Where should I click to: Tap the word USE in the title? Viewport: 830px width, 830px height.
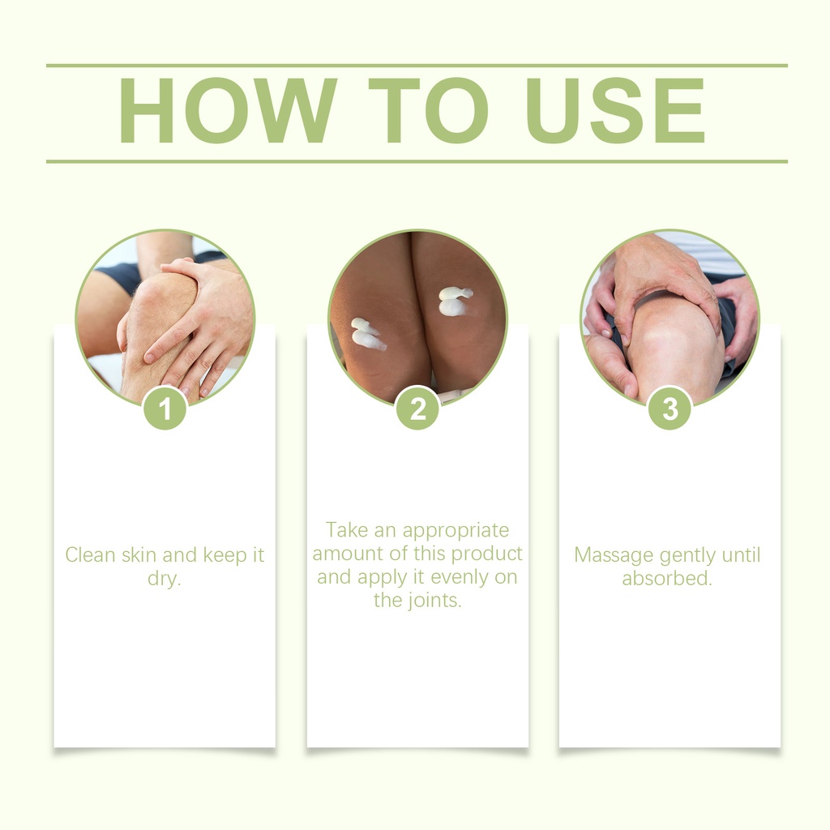click(615, 110)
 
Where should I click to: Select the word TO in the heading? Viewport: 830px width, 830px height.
click(429, 110)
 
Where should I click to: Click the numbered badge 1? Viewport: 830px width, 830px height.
click(165, 409)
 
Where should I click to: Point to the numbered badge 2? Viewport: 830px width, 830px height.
click(417, 409)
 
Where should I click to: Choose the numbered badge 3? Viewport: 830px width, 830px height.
click(670, 409)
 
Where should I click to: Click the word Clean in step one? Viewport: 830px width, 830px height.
click(90, 554)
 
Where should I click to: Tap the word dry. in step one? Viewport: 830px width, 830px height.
click(164, 579)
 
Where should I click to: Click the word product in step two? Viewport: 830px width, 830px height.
click(487, 553)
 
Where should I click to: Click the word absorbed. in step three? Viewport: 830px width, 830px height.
click(667, 578)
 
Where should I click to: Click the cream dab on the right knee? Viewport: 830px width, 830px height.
click(454, 302)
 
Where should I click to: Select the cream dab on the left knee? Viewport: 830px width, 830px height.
click(368, 333)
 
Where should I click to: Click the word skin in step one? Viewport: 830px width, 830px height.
click(139, 554)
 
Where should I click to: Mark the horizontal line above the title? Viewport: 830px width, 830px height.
click(417, 66)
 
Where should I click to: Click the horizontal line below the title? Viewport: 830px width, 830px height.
click(417, 161)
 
